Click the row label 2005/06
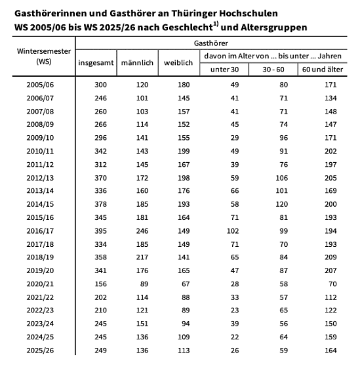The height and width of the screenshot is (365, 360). point(41,85)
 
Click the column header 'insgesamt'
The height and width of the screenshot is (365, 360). point(96,62)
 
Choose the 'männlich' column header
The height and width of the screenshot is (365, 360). point(138,62)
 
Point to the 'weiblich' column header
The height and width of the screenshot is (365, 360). point(178,62)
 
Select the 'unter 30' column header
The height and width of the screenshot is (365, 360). point(224,69)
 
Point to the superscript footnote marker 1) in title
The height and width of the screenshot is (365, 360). point(214,24)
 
